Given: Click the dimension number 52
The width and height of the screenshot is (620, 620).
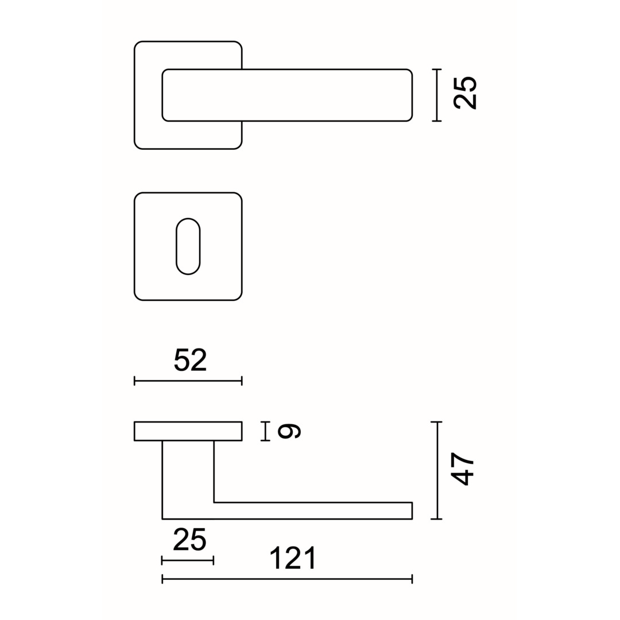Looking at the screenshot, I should (190, 360).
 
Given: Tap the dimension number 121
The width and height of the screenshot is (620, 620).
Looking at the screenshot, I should (293, 557).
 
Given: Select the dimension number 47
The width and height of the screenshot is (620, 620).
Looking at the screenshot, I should (462, 469).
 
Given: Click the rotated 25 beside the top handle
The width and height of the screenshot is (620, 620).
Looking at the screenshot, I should (465, 92).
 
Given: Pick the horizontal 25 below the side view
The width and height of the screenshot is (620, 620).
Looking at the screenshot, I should (190, 540).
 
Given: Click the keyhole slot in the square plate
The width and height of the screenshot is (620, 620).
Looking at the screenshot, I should (188, 246).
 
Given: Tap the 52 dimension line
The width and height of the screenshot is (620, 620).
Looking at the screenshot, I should (188, 381).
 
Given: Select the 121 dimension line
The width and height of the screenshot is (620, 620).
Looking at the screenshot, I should (287, 579).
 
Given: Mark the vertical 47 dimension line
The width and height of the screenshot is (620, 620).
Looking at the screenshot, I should (437, 470).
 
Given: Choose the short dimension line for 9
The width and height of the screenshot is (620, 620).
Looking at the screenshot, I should (265, 431).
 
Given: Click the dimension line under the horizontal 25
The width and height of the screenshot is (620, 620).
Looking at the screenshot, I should (188, 560).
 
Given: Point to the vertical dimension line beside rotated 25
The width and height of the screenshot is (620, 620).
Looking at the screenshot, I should (437, 95).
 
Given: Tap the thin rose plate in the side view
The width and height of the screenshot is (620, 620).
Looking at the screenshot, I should (188, 431).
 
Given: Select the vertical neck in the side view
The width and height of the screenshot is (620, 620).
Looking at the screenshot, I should (188, 476).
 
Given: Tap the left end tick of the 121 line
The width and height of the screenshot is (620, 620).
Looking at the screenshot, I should (162, 579).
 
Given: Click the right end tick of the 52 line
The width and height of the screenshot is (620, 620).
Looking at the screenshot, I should (242, 381).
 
